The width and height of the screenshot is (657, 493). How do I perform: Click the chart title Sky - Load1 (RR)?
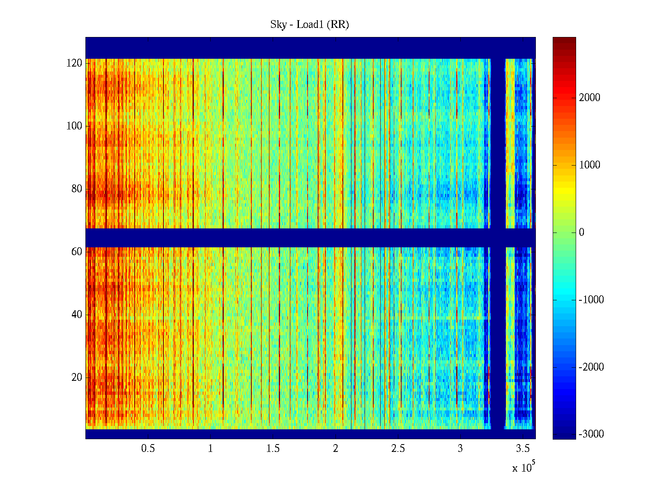click(x=310, y=25)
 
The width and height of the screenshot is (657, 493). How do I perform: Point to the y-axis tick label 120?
click(x=74, y=63)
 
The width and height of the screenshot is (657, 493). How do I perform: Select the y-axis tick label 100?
click(x=74, y=126)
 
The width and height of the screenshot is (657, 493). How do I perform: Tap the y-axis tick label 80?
click(x=77, y=189)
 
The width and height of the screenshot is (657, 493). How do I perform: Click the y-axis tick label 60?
click(x=77, y=252)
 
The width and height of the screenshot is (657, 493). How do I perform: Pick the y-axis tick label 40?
click(x=77, y=315)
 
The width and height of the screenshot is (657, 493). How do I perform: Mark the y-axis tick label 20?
click(x=77, y=378)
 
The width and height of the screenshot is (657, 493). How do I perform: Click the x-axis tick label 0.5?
click(x=148, y=449)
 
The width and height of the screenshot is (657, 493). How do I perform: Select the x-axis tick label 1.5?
click(x=273, y=449)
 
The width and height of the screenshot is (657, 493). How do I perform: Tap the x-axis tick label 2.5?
click(x=398, y=449)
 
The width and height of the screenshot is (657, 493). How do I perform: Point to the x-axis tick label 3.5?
click(x=523, y=449)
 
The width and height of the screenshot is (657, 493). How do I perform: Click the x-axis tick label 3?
click(x=460, y=449)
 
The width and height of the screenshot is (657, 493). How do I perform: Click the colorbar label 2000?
click(x=590, y=98)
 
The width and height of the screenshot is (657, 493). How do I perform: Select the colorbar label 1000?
click(x=590, y=165)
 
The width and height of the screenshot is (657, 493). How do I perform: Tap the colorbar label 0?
click(x=581, y=233)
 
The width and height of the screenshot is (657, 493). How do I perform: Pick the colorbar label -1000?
click(x=591, y=300)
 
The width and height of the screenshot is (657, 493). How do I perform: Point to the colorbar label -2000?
click(x=591, y=367)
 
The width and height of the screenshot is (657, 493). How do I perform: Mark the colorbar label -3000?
click(x=591, y=435)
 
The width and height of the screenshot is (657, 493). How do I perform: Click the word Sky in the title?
click(x=278, y=25)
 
